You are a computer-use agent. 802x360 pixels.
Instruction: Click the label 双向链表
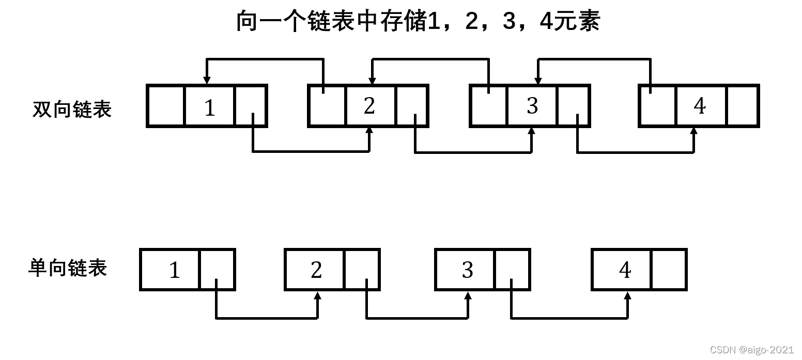(x=72, y=109)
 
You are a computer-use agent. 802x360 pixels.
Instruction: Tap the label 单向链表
(x=68, y=268)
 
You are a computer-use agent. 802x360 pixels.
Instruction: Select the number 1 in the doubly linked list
(x=209, y=108)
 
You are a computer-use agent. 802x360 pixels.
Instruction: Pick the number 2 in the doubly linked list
(x=369, y=106)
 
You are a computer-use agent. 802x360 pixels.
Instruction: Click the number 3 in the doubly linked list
(x=532, y=106)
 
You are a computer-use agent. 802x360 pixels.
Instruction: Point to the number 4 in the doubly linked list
(x=700, y=106)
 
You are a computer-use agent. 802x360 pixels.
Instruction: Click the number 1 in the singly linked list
(x=175, y=270)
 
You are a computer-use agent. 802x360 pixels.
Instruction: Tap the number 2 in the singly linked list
(x=316, y=270)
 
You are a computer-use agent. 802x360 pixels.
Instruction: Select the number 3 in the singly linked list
(x=467, y=270)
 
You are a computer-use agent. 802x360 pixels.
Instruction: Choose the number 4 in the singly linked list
(x=625, y=270)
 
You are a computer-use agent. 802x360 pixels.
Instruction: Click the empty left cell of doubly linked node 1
(x=166, y=106)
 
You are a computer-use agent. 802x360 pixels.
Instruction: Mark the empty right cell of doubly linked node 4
(x=743, y=106)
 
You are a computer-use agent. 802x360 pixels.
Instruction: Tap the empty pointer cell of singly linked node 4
(x=669, y=270)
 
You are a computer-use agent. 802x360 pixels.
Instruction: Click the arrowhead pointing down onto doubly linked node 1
(x=207, y=81)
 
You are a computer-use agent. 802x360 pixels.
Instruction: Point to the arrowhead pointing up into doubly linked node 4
(x=693, y=131)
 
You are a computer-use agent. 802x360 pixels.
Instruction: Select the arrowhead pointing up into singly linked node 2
(x=317, y=295)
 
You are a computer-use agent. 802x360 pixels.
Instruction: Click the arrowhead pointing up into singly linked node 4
(x=628, y=295)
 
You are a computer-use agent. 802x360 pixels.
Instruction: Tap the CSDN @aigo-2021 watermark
(x=751, y=350)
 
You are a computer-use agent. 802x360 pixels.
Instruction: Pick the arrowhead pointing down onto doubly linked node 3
(x=538, y=81)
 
